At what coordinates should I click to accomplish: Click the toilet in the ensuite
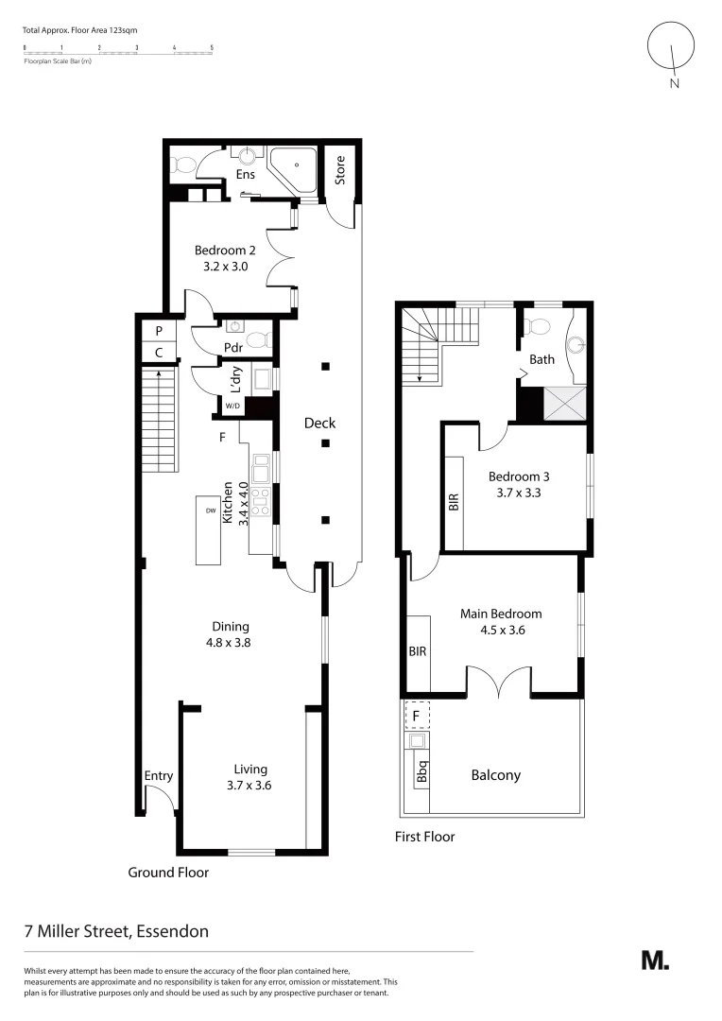pyautogui.click(x=183, y=165)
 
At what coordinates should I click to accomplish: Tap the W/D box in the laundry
pyautogui.click(x=232, y=406)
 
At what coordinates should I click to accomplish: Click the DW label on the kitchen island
pyautogui.click(x=211, y=510)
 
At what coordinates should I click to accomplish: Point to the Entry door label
pyautogui.click(x=159, y=776)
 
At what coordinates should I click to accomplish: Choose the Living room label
pyautogui.click(x=251, y=769)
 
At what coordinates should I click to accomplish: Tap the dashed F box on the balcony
pyautogui.click(x=417, y=716)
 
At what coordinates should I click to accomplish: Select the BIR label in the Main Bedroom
pyautogui.click(x=418, y=652)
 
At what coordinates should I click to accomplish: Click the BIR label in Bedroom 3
pyautogui.click(x=453, y=502)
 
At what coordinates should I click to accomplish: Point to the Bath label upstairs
pyautogui.click(x=541, y=359)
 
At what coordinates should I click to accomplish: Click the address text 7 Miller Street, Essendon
pyautogui.click(x=116, y=930)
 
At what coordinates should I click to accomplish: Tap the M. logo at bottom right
pyautogui.click(x=655, y=960)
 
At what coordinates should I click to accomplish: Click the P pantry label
pyautogui.click(x=159, y=330)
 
